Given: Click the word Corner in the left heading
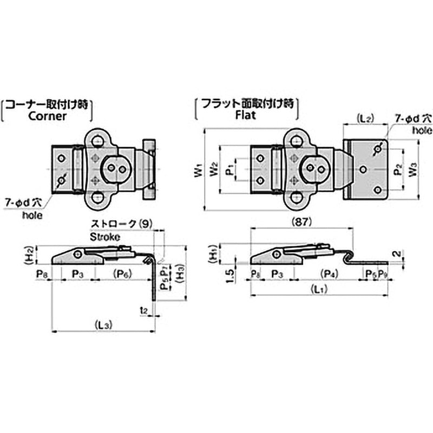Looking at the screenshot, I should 48,115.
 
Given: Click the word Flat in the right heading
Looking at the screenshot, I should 246,115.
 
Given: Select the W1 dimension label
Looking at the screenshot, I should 198,171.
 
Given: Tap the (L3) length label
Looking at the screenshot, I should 103,325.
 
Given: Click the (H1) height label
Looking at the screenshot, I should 213,254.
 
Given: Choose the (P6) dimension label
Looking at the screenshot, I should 124,274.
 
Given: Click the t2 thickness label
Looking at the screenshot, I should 143,310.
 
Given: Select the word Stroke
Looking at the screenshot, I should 104,237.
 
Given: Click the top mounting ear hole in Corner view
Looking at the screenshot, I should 97,141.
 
